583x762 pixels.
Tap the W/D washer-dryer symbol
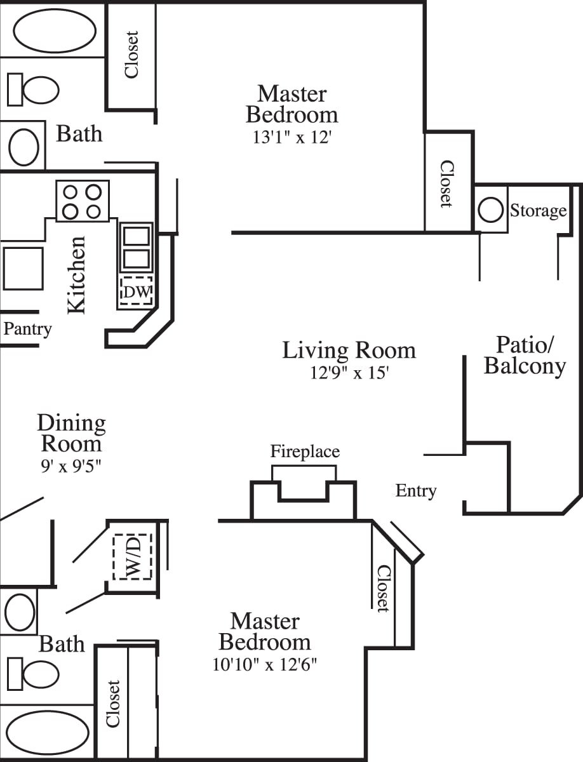133,556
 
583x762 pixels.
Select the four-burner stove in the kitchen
83,201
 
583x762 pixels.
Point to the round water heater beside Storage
490,210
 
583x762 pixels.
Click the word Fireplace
305,451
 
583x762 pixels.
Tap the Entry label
416,490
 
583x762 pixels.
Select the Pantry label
27,330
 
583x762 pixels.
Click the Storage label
538,210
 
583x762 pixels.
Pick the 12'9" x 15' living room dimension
349,373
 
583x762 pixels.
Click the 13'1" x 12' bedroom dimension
292,137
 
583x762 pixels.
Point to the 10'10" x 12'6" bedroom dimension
265,665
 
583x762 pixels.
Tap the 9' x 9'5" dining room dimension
70,465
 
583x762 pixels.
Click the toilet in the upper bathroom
33,89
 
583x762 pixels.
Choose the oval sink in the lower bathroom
20,612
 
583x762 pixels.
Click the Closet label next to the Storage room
447,184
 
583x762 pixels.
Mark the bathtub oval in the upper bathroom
55,30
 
